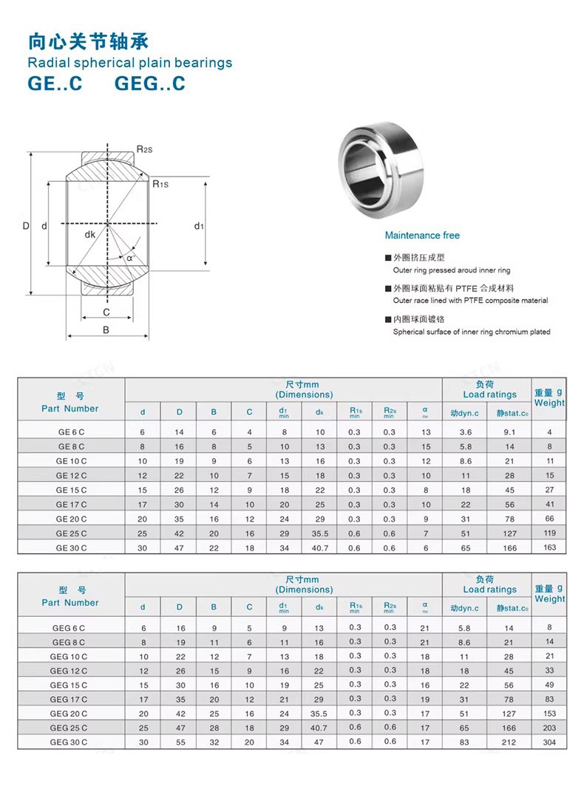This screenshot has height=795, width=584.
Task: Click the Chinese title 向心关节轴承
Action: [x=88, y=40]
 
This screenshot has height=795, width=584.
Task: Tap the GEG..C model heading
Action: [x=150, y=83]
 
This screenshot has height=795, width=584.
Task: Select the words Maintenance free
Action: [x=422, y=236]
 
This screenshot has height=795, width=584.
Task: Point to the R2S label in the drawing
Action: [x=145, y=149]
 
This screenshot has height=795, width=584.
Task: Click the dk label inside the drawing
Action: [x=89, y=234]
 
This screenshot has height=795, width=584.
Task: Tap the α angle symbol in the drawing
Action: [x=130, y=258]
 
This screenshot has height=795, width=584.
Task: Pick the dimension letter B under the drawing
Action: [x=106, y=330]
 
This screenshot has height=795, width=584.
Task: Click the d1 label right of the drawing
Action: [x=199, y=226]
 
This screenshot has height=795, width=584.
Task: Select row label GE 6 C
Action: [x=71, y=432]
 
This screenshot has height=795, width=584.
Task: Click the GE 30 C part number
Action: [x=71, y=547]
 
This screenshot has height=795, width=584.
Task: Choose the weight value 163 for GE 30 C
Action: [x=549, y=547]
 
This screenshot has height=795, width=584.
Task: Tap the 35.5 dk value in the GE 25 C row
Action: [x=319, y=533]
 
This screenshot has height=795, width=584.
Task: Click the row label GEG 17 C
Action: [x=69, y=699]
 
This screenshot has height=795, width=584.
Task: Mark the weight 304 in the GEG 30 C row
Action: [x=549, y=742]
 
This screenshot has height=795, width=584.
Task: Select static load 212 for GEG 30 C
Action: [x=509, y=742]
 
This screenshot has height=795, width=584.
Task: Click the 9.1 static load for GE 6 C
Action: [x=509, y=432]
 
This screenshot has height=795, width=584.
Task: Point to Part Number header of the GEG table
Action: [x=70, y=603]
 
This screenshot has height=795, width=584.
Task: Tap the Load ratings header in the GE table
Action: [x=489, y=395]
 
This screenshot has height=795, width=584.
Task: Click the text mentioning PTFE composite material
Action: [x=470, y=301]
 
